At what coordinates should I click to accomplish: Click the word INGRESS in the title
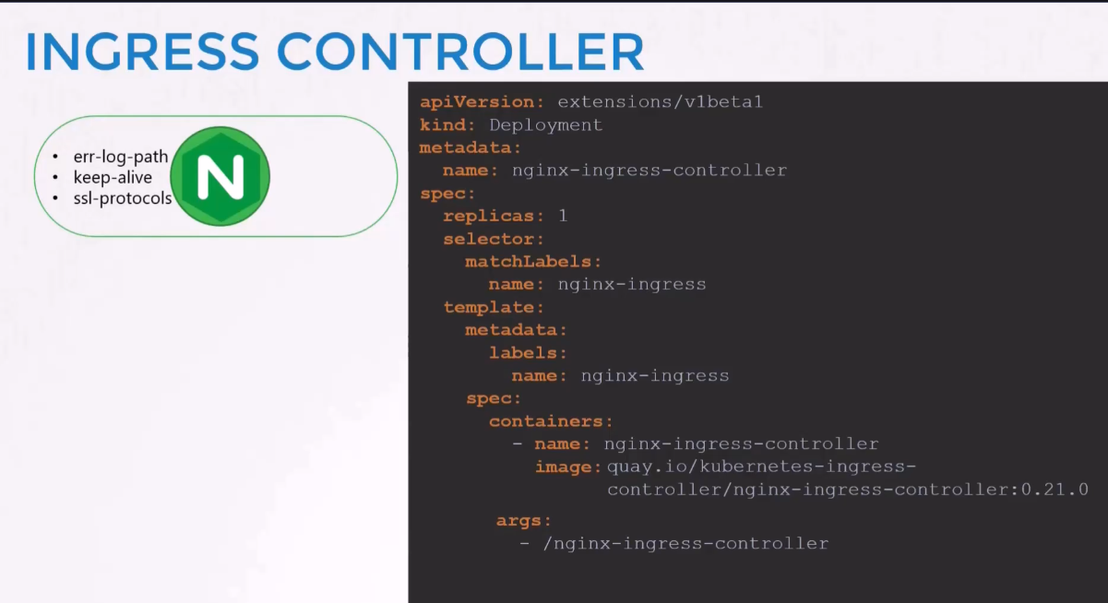tap(142, 52)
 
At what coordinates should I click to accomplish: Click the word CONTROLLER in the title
tap(460, 52)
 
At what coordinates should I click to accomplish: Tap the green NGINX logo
tap(220, 176)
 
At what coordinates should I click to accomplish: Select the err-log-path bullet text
tap(121, 157)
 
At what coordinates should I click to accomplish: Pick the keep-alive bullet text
tap(113, 177)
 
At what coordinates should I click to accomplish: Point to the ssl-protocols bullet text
tap(123, 198)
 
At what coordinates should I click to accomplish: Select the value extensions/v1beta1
tap(660, 101)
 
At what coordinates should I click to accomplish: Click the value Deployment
tap(545, 125)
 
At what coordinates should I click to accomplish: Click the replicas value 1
tap(563, 216)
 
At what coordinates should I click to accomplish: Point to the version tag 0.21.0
tap(1054, 490)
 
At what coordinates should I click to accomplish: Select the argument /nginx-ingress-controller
tap(685, 544)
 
